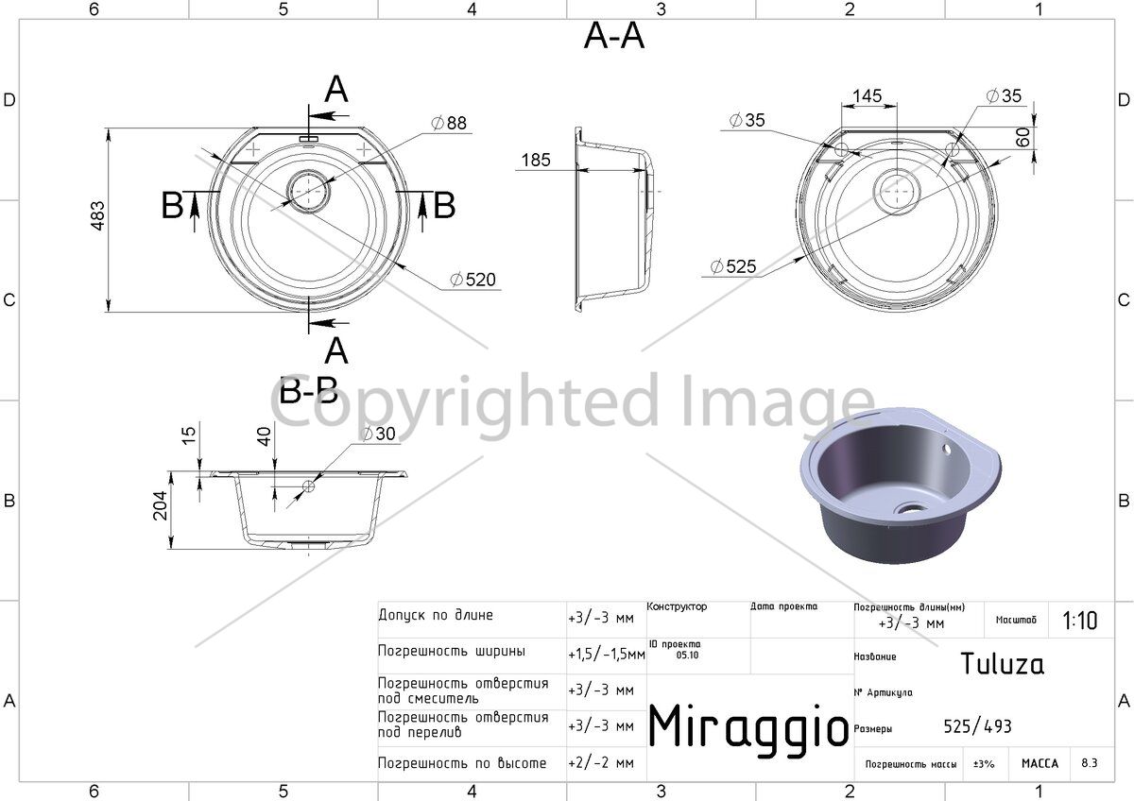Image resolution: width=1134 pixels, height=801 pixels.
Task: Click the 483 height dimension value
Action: (97, 216)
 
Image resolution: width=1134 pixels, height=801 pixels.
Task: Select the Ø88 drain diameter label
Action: (449, 123)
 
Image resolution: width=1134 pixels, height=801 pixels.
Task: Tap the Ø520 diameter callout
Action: (472, 280)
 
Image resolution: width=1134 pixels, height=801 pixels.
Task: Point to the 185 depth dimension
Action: (536, 160)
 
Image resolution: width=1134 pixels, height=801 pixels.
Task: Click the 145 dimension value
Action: (867, 95)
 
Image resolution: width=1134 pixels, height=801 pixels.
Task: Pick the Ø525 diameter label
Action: (733, 266)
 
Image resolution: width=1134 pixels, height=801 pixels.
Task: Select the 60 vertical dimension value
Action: (1023, 137)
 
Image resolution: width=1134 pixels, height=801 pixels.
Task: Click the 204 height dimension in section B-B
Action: (160, 505)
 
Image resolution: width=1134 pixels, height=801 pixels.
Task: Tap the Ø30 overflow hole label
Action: (379, 434)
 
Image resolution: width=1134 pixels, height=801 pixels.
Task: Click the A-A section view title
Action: (614, 37)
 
